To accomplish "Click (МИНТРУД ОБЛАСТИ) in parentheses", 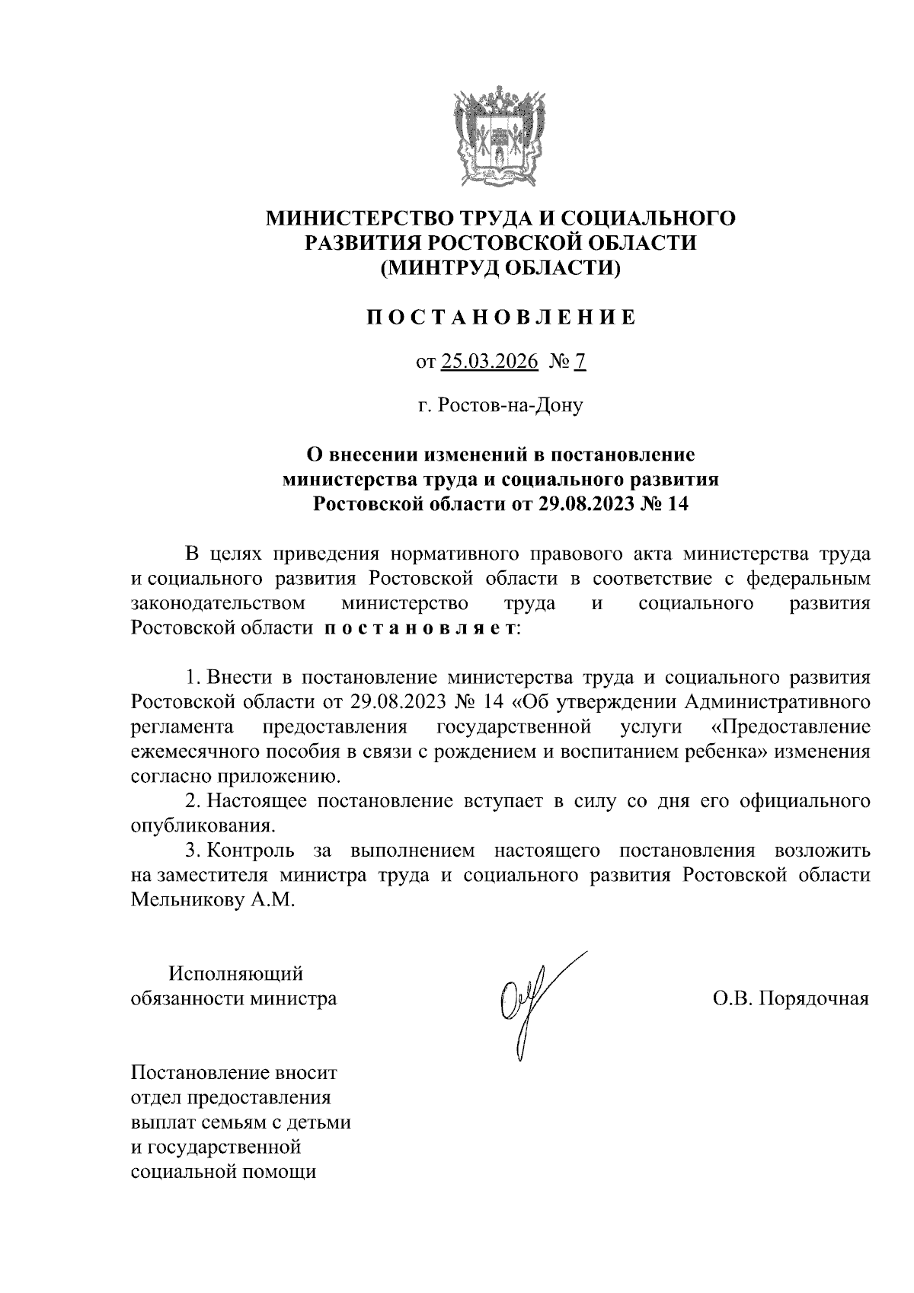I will click(x=500, y=267).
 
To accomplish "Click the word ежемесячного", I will click(x=194, y=752).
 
